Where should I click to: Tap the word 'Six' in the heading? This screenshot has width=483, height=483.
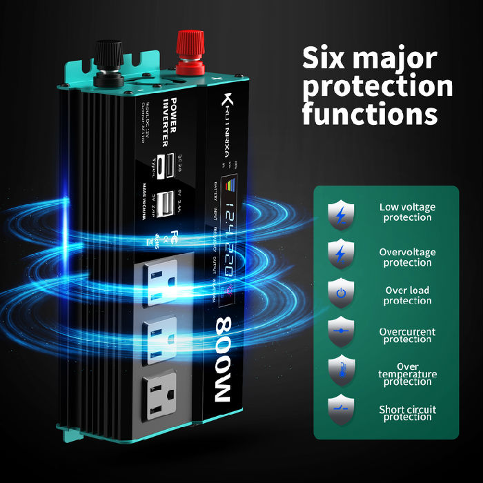tap(331, 58)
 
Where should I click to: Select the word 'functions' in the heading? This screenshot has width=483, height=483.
tap(370, 112)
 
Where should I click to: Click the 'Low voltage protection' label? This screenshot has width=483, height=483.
tap(407, 212)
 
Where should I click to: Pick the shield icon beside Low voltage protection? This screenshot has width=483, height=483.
tap(340, 213)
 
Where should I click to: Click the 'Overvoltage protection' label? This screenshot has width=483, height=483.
tap(407, 257)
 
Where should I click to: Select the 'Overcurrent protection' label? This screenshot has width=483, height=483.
tap(407, 335)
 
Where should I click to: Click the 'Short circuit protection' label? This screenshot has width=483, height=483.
tap(407, 413)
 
